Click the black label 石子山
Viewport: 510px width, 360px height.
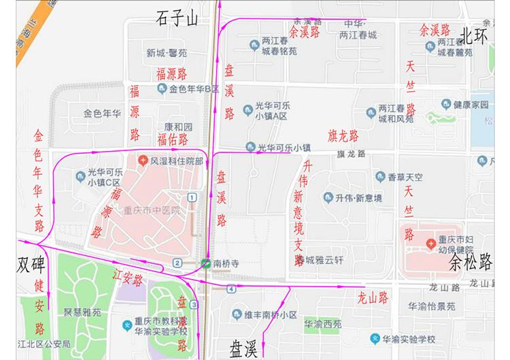point(176,18)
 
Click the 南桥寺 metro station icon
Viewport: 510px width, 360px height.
point(205,263)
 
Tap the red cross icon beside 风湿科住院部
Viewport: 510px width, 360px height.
point(143,161)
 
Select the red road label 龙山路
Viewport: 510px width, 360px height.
point(373,297)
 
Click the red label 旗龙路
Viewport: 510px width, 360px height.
point(343,134)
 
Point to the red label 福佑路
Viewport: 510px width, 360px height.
point(172,140)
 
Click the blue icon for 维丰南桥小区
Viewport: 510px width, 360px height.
point(237,314)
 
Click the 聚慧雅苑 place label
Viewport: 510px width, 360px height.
point(82,312)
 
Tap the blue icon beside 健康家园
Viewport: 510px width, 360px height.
point(446,105)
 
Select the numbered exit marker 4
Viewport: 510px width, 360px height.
point(232,289)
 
